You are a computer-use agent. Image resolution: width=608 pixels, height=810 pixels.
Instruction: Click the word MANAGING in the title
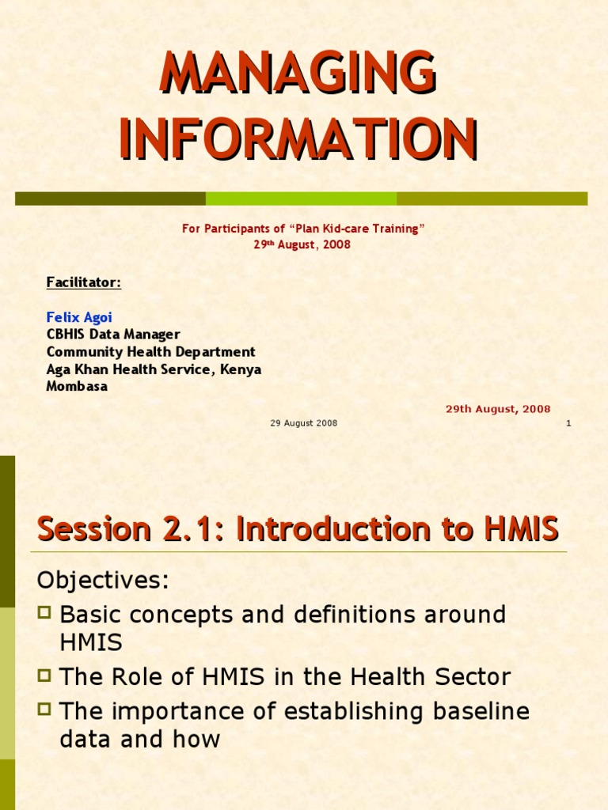[x=298, y=73]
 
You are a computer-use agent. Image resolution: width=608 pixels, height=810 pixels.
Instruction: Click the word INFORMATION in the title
[x=298, y=139]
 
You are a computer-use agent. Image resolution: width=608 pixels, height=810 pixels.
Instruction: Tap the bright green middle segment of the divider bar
[x=301, y=199]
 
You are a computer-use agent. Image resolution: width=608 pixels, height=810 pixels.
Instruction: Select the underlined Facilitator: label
[x=83, y=282]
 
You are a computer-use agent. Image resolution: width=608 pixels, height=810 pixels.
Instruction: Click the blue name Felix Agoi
[x=79, y=317]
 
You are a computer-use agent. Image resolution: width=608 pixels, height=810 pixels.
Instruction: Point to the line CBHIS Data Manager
[x=113, y=335]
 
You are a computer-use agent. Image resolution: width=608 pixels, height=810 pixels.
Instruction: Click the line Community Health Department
[x=150, y=352]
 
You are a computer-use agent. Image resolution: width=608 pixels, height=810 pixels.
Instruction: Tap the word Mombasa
[x=77, y=387]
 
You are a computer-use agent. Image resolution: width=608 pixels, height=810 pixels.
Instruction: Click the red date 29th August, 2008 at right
[x=498, y=409]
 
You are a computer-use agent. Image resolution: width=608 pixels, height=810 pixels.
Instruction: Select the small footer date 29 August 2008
[x=303, y=423]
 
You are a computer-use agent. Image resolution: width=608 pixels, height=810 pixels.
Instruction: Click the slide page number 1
[x=568, y=423]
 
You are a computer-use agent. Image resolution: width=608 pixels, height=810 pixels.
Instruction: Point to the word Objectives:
[x=103, y=581]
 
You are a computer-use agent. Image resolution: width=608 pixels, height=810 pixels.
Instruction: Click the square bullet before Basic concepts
[x=45, y=611]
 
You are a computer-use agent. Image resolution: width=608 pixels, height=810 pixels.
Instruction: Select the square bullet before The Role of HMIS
[x=45, y=675]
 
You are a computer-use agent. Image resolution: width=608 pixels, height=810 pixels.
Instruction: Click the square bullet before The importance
[x=45, y=709]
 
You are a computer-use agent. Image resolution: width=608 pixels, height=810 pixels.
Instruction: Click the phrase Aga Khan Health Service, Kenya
[x=154, y=369]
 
